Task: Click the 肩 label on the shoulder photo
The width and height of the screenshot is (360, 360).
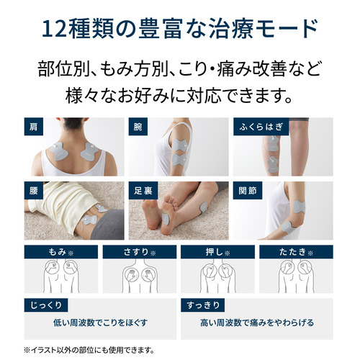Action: (x=34, y=127)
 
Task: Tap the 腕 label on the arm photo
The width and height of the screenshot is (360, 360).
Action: (x=138, y=127)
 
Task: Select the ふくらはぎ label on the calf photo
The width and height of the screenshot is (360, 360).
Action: (x=261, y=127)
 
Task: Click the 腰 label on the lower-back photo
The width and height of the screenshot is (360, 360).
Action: (x=34, y=191)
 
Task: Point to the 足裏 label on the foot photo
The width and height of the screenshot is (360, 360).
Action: (x=143, y=191)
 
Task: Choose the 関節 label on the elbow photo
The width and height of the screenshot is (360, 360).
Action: (x=248, y=191)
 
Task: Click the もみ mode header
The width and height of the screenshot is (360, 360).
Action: (x=61, y=252)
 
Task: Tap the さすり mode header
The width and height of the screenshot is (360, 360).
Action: (x=140, y=252)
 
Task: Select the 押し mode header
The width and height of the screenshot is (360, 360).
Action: (x=217, y=252)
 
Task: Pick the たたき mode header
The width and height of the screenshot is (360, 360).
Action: (x=296, y=252)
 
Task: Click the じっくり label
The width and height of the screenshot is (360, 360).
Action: (x=46, y=305)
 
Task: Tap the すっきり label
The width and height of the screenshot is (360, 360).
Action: (x=203, y=305)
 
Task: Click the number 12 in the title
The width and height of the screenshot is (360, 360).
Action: (x=54, y=30)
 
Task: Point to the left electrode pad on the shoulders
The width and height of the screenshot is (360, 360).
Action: (x=59, y=151)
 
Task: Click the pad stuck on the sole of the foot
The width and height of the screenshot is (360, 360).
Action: (x=166, y=219)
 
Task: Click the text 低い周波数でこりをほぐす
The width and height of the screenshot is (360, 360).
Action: (x=100, y=323)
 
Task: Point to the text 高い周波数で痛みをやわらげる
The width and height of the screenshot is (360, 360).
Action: (x=257, y=323)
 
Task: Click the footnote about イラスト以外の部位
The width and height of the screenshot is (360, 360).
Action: (x=89, y=350)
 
